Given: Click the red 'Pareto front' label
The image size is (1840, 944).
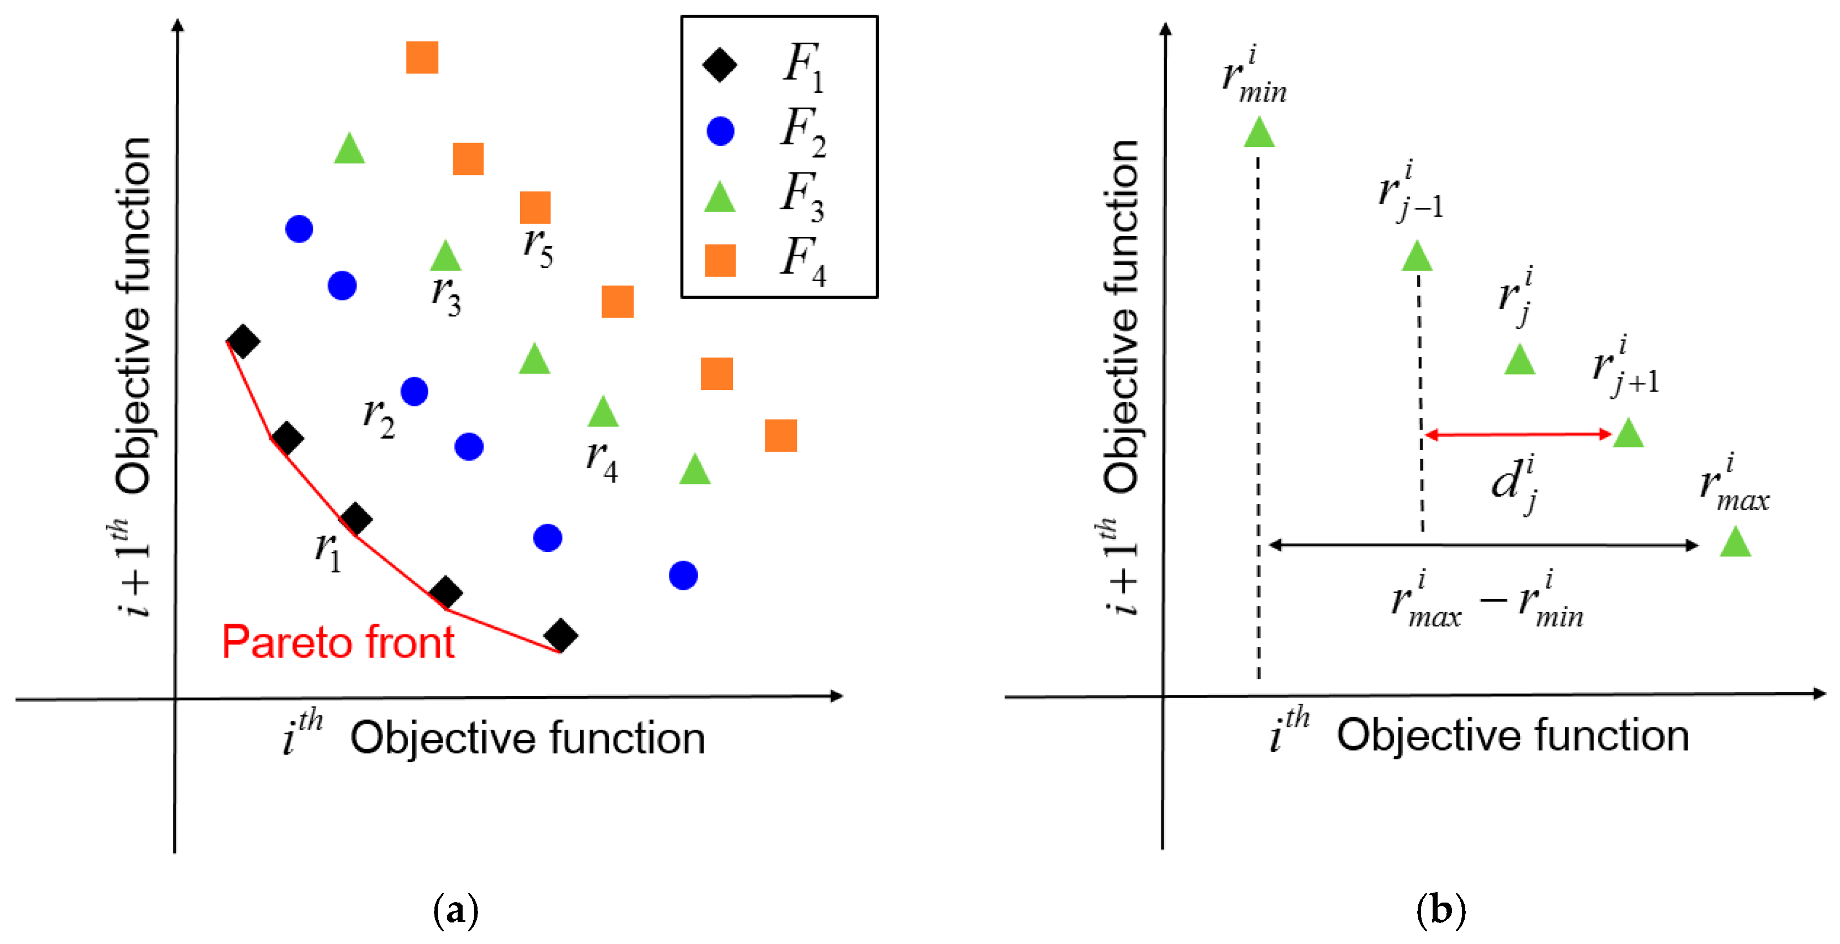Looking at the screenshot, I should click(338, 642).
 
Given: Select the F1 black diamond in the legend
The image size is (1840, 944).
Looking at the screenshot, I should click(720, 65).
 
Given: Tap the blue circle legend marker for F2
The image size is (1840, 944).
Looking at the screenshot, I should click(720, 131).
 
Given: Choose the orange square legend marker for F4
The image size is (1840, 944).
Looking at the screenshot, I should click(720, 260).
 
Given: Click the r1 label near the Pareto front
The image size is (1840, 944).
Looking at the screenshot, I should click(328, 551).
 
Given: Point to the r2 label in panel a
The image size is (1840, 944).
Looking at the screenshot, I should click(379, 417).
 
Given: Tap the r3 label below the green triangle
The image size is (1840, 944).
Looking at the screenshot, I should click(447, 295).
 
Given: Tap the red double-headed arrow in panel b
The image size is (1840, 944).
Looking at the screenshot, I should click(1518, 434).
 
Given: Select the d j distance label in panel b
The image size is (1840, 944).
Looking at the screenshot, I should click(1515, 483).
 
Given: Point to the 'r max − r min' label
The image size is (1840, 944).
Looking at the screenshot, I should click(1487, 602).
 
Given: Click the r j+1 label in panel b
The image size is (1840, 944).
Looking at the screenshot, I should click(1626, 368).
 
